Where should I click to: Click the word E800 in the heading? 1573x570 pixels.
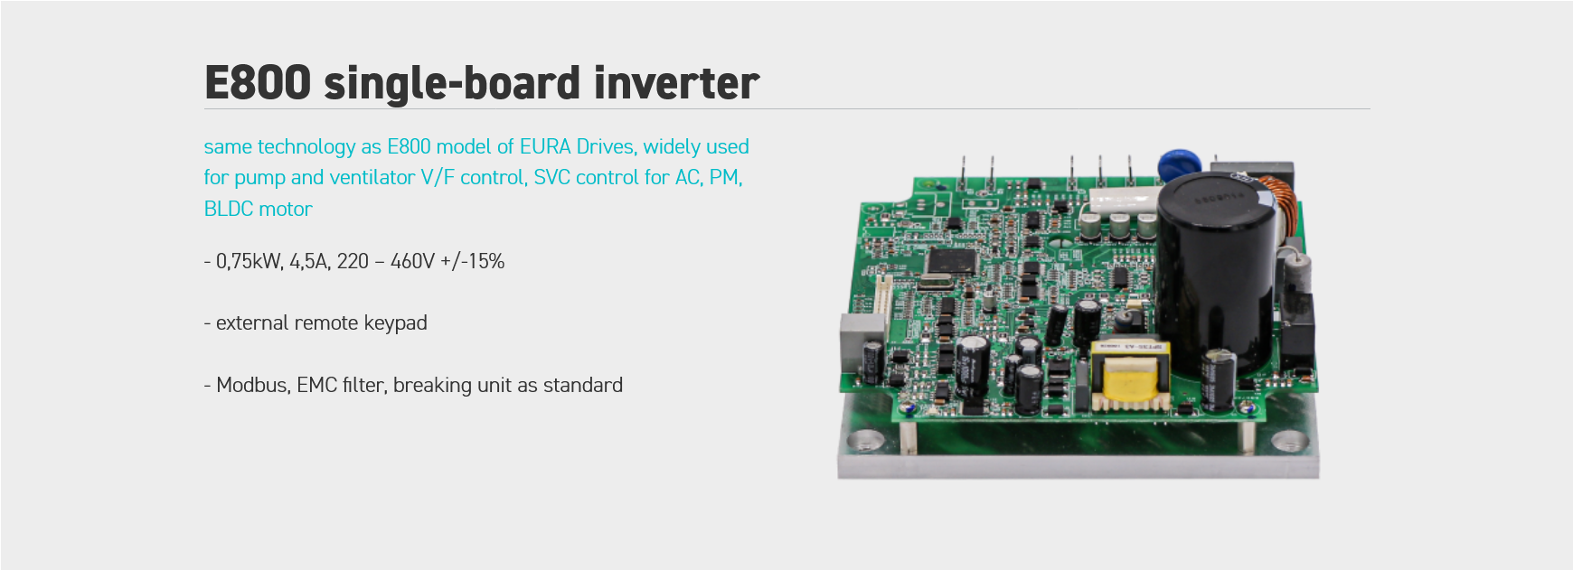pos(258,83)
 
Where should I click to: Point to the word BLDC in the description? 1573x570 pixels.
pos(228,209)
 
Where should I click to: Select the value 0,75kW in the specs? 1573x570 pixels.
pos(249,261)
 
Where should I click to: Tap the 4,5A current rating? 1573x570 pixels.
pos(310,261)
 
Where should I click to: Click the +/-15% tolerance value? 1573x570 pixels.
pos(473,261)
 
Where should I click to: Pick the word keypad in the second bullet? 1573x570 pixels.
pos(395,323)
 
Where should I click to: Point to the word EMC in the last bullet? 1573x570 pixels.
pos(316,385)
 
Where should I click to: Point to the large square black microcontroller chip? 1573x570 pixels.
pos(951,260)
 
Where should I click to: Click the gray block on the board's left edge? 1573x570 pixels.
pos(853,339)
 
